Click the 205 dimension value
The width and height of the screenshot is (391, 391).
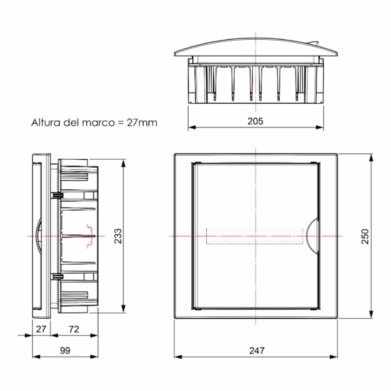tap(255, 121)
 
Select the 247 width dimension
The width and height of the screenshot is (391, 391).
tap(256, 351)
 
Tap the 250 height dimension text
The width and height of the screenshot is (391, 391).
tap(364, 236)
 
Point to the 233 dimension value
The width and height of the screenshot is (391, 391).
tap(117, 236)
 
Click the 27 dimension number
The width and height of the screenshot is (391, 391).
tap(41, 329)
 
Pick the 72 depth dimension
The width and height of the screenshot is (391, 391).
tap(74, 329)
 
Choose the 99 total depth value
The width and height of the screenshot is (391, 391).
tap(65, 351)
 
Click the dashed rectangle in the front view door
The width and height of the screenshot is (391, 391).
tap(255, 236)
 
